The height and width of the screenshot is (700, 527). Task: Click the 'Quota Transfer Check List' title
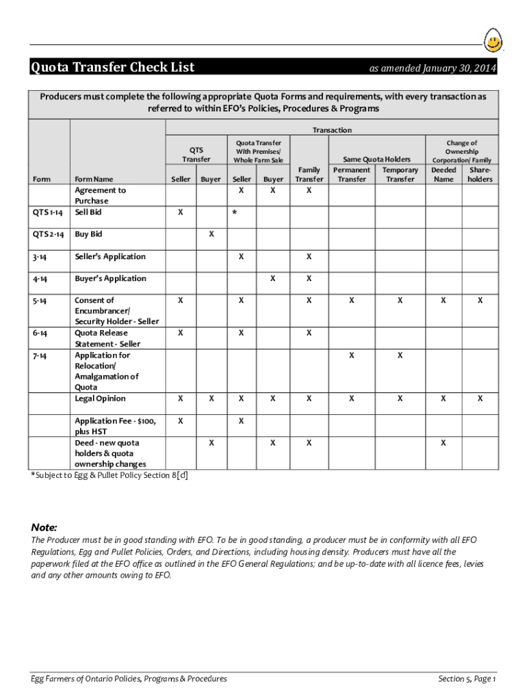click(112, 67)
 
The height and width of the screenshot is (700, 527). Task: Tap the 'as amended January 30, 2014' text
click(433, 68)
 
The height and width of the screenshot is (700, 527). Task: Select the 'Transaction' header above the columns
click(332, 130)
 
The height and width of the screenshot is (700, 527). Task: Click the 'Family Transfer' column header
click(309, 174)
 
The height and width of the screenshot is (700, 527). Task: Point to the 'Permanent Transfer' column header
click(351, 174)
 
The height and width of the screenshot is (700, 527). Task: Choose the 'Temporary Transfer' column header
click(400, 174)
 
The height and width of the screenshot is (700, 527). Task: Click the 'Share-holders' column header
click(479, 174)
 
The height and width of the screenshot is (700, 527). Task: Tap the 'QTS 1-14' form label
click(49, 213)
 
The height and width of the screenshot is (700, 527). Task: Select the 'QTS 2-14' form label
click(49, 234)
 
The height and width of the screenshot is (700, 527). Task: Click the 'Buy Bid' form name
click(88, 234)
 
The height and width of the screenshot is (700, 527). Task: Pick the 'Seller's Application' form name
click(110, 257)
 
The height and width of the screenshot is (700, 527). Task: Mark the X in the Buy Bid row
click(211, 234)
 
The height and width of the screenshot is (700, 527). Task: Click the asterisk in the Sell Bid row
click(234, 213)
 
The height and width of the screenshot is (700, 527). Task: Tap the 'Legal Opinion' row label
click(100, 399)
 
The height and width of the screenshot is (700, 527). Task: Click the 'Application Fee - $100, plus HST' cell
click(115, 427)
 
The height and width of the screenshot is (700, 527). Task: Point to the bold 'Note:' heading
click(44, 528)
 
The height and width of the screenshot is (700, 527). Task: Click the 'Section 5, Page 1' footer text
click(467, 678)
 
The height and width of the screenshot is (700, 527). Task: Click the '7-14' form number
click(39, 355)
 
